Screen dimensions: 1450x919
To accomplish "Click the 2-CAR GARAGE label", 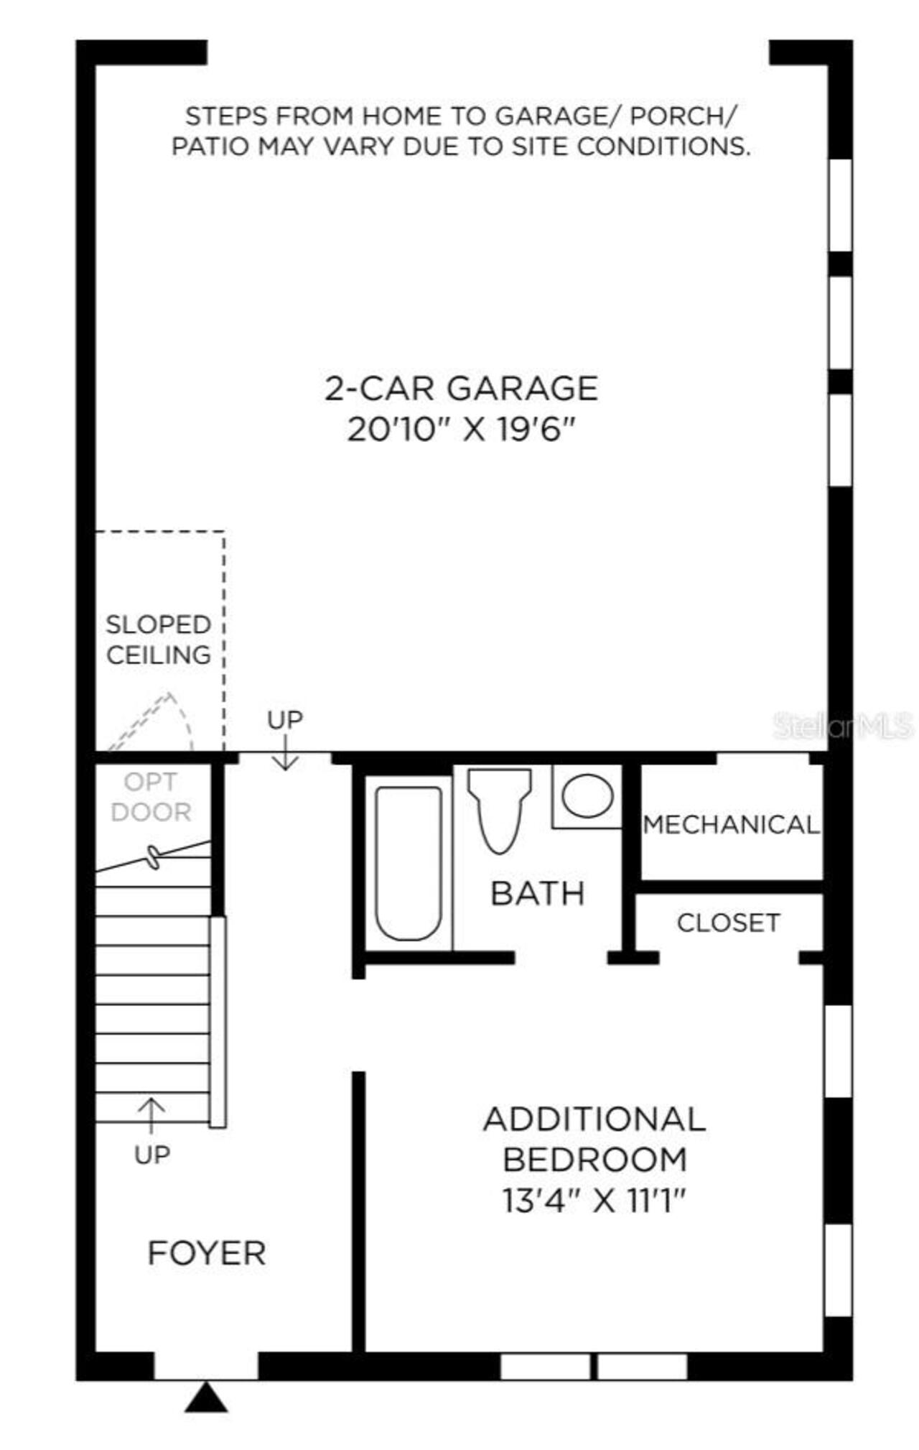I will pyautogui.click(x=461, y=389).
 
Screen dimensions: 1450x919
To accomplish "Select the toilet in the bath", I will pyautogui.click(x=499, y=808).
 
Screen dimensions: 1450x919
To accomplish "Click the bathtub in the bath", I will pyautogui.click(x=408, y=863).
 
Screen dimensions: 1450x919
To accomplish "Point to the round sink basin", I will pyautogui.click(x=587, y=796).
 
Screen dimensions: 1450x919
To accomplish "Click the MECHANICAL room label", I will pyautogui.click(x=730, y=824).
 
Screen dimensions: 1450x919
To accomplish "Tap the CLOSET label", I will pyautogui.click(x=728, y=923).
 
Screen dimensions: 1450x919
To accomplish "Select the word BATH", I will pyautogui.click(x=537, y=893).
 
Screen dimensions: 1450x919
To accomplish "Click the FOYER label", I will pyautogui.click(x=206, y=1253).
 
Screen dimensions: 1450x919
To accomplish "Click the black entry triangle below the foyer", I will pyautogui.click(x=206, y=1397).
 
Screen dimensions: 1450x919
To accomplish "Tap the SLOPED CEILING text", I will pyautogui.click(x=158, y=639).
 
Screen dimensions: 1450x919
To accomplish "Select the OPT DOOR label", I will pyautogui.click(x=151, y=797).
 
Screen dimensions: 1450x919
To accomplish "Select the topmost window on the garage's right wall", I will pyautogui.click(x=840, y=205).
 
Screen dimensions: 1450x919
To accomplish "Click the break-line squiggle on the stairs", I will pyautogui.click(x=153, y=857).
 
